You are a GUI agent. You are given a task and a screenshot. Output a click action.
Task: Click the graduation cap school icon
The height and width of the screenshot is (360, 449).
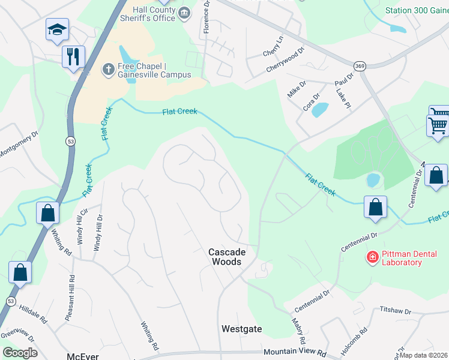tap(57, 29)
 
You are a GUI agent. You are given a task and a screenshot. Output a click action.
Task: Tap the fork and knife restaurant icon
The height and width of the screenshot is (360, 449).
tap(73, 57)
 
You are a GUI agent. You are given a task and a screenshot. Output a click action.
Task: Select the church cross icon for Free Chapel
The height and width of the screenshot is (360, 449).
tap(108, 69)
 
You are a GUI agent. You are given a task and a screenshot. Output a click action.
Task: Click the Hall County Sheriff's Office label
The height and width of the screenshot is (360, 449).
tap(146, 13)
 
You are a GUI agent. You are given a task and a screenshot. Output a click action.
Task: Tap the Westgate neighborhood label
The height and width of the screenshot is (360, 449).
tap(242, 329)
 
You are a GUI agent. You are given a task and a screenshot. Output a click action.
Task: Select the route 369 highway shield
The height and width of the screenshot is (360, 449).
tap(360, 65)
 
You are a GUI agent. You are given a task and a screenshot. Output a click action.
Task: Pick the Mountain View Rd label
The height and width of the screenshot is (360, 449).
tap(295, 353)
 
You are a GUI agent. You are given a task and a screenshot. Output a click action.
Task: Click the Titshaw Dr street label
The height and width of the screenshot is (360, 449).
tap(395, 311)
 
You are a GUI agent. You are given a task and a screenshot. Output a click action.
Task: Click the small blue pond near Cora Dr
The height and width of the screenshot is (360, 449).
tap(320, 109)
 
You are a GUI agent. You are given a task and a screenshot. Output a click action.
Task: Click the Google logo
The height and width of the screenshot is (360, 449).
tap(20, 353)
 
